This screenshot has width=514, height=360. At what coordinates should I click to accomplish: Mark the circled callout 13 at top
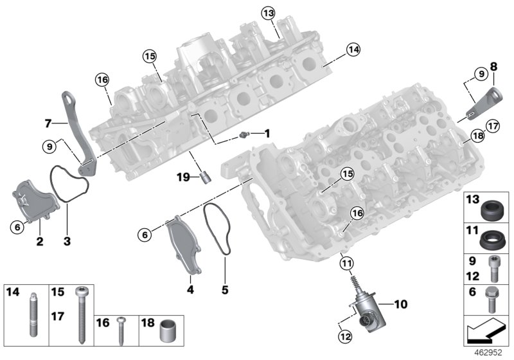(268, 13)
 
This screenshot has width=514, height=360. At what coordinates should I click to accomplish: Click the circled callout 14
(353, 49)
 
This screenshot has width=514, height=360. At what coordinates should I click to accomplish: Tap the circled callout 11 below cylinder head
(346, 263)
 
